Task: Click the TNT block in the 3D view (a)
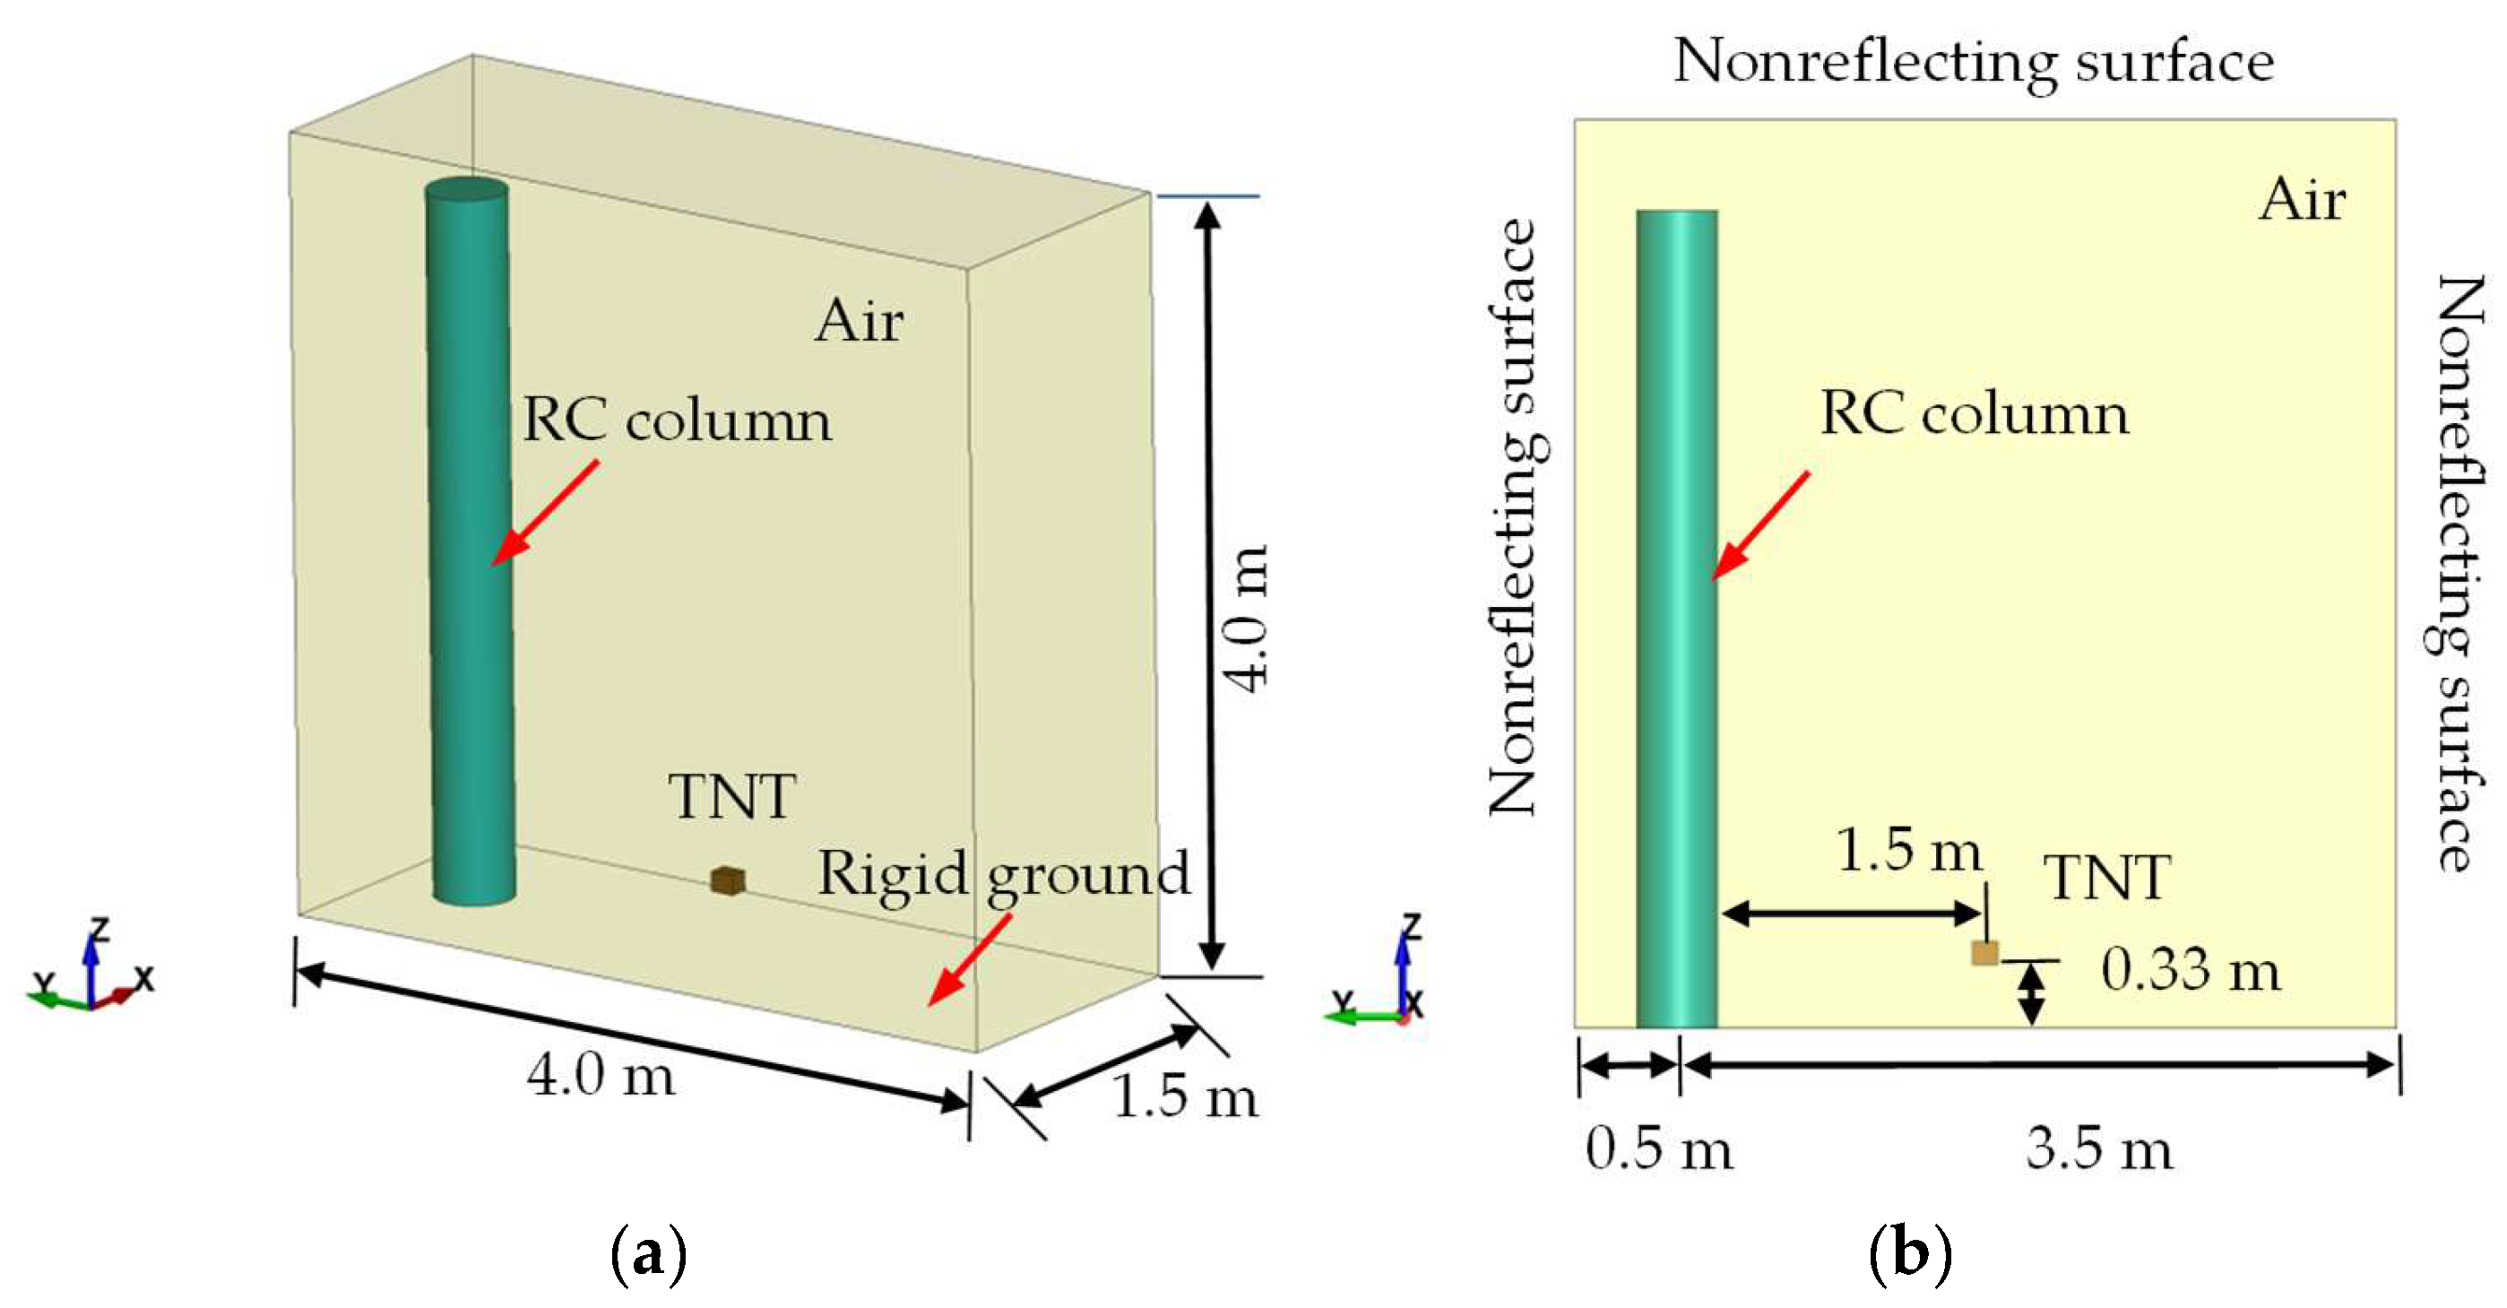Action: pos(727,880)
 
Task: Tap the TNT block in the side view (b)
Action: pos(1984,953)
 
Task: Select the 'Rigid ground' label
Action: pos(1003,873)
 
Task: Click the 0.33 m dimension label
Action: pos(2190,970)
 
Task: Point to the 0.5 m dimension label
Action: pos(1658,1148)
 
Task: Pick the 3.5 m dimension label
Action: pos(2099,1148)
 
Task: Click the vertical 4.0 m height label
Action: pos(1247,619)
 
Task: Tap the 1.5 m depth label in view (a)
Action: pos(1184,1096)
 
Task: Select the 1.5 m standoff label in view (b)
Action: pos(1907,850)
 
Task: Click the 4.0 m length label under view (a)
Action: pos(601,1077)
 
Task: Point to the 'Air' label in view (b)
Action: pos(2302,201)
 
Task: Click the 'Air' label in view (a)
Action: pos(859,320)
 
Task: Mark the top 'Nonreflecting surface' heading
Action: pos(1973,61)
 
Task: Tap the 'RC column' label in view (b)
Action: pos(1974,413)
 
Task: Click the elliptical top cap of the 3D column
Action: pos(467,191)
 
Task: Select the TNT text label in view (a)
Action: pos(732,797)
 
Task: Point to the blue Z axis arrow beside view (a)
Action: pos(91,964)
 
